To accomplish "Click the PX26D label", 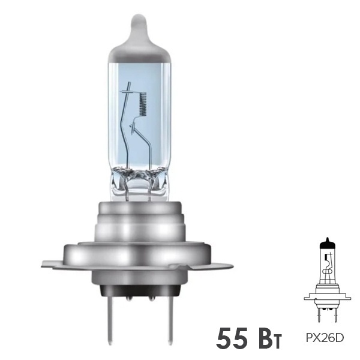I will tap(327, 338).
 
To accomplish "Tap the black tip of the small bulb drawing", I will tap(326, 241).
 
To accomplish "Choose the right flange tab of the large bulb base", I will tap(222, 264).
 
